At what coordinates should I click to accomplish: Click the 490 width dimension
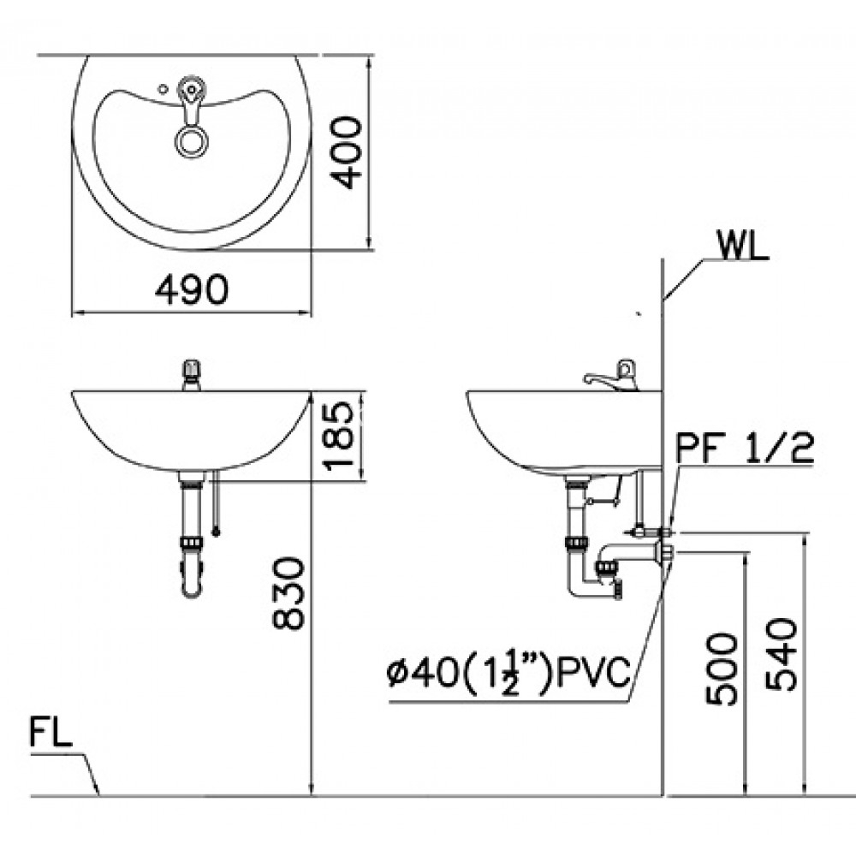[192, 290]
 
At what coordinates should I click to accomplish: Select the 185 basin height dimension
[340, 436]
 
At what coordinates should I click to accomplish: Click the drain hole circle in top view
[190, 140]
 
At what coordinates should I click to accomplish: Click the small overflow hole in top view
[163, 87]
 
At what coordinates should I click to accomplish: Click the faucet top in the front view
[190, 373]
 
